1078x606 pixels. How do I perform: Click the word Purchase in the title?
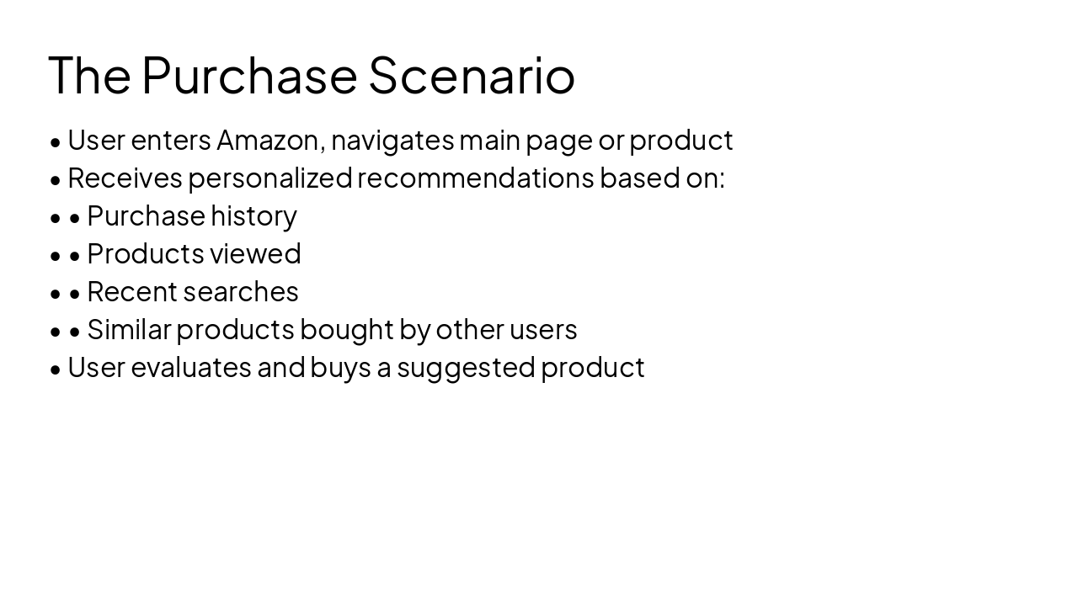(x=249, y=75)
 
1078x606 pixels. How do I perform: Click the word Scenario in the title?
(x=472, y=75)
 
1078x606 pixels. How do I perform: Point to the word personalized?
(x=269, y=178)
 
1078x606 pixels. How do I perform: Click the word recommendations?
(x=476, y=178)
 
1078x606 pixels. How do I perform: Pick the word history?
(x=253, y=215)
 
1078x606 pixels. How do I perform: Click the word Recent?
(x=126, y=291)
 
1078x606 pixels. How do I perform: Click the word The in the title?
(x=89, y=75)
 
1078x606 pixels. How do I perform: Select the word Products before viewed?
(x=146, y=253)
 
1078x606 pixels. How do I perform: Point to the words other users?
(x=506, y=329)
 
